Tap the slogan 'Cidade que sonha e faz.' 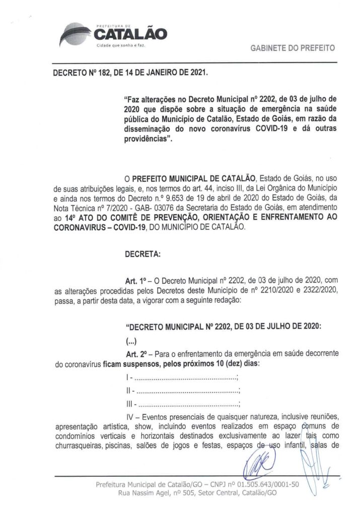point(117,46)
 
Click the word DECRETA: point(142,254)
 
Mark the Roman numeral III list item point(129,403)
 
